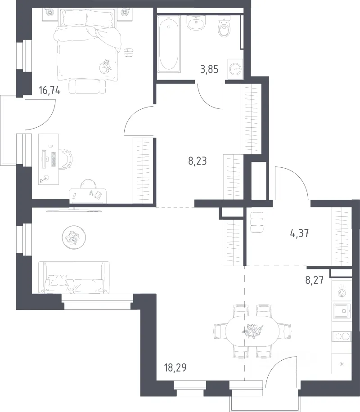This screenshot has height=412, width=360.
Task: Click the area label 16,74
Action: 49,91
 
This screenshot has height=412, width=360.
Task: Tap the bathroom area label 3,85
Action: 209,69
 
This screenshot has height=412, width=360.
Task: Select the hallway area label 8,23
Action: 198,161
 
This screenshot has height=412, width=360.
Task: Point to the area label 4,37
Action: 299,233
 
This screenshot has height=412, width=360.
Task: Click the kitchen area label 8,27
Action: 314,280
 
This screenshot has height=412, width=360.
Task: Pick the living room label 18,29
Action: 175,367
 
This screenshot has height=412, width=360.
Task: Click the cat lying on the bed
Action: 105,66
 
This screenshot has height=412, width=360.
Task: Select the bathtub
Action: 169,44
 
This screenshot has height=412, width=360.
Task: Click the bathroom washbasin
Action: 196,23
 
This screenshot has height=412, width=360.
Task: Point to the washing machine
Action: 235,69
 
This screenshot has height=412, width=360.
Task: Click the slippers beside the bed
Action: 129,52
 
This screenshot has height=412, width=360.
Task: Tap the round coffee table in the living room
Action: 74,237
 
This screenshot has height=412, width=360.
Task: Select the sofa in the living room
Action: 74,278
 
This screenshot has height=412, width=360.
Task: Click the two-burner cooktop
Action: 342,336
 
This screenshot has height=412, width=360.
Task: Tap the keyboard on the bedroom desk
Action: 54,160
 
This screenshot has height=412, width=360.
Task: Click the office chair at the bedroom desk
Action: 66,159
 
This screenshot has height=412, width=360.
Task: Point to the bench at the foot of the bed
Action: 88,86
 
